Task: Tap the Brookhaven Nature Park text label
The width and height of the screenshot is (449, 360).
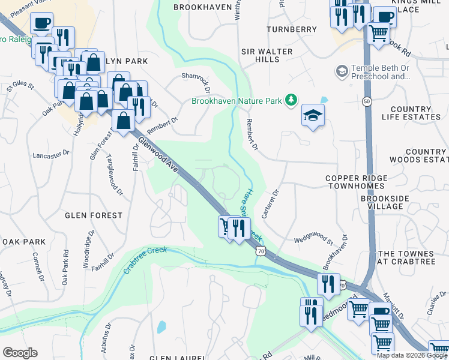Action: pyautogui.click(x=237, y=101)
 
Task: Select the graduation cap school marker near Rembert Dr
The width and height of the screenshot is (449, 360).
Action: pyautogui.click(x=313, y=115)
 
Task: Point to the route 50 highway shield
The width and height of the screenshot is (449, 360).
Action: pyautogui.click(x=367, y=102)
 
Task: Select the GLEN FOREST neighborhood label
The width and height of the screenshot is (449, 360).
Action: pyautogui.click(x=94, y=215)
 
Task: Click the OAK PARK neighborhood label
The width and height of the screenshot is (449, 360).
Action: pyautogui.click(x=24, y=241)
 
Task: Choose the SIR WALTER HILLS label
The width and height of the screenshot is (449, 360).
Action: pyautogui.click(x=267, y=56)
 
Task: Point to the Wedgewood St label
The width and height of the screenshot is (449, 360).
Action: pyautogui.click(x=313, y=241)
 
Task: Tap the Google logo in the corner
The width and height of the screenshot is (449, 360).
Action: pyautogui.click(x=20, y=353)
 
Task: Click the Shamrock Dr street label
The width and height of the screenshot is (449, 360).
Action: pyautogui.click(x=196, y=83)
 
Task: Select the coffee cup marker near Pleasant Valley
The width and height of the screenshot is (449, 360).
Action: pyautogui.click(x=41, y=23)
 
